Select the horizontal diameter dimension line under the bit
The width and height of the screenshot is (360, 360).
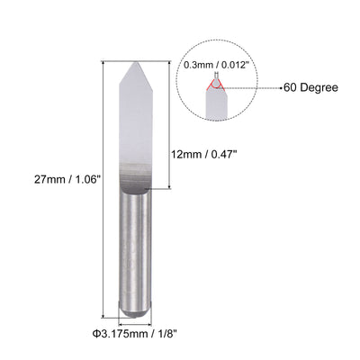[x=138, y=320]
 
